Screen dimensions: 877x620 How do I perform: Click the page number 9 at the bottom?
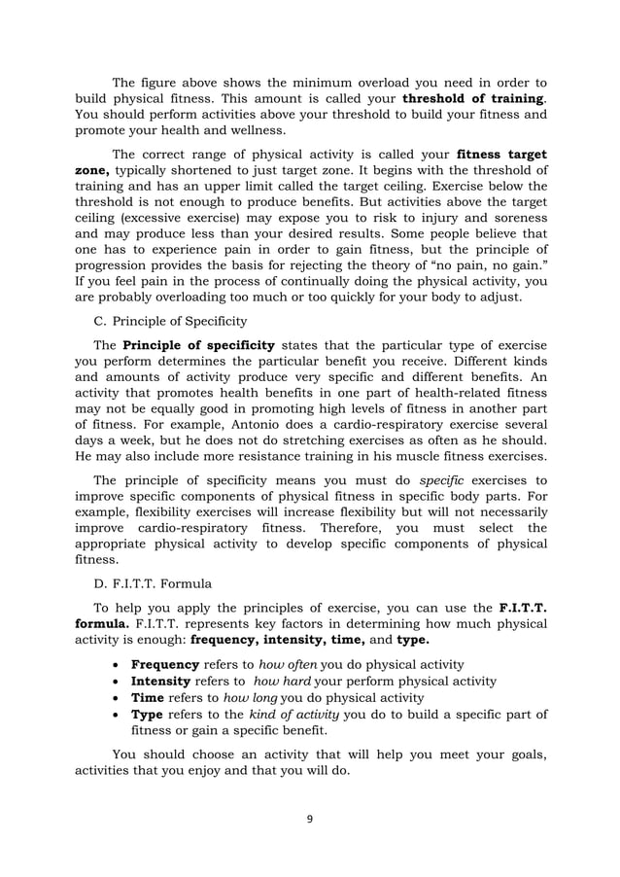(310, 819)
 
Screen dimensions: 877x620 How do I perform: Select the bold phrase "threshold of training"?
(472, 98)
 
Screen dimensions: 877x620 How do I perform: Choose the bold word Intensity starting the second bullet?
(163, 681)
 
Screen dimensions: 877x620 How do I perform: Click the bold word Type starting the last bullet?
(148, 715)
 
